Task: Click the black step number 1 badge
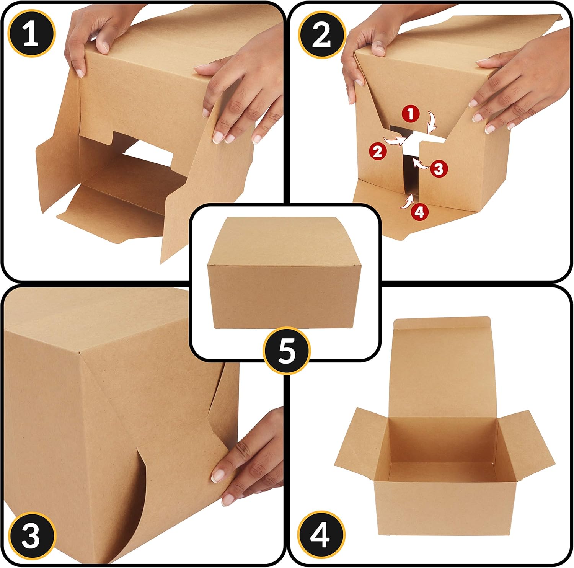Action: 32,33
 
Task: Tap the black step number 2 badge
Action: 321,34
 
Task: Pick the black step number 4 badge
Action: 321,534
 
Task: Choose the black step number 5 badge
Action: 287,350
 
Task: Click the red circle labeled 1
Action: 411,114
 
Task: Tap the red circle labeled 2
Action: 378,152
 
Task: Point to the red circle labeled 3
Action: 439,168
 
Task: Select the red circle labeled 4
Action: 419,211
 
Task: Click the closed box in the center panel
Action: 284,276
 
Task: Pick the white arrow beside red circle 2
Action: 394,140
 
